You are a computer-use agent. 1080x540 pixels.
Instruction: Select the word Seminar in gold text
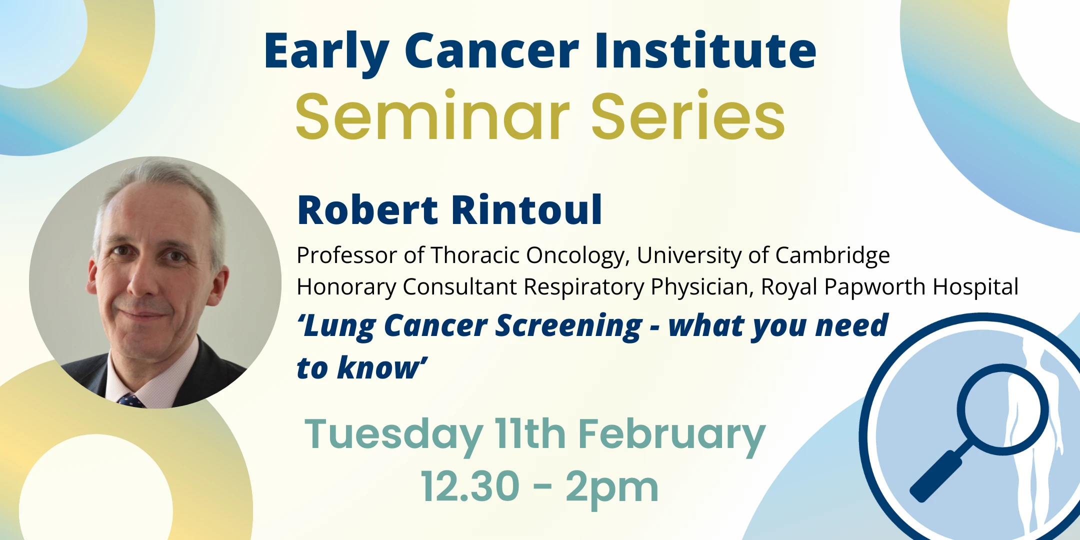pyautogui.click(x=432, y=117)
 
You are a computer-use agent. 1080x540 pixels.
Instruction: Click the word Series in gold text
pyautogui.click(x=688, y=117)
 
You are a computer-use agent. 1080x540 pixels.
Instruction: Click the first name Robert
pyautogui.click(x=367, y=210)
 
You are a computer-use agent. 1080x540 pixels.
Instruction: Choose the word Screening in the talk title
pyautogui.click(x=568, y=326)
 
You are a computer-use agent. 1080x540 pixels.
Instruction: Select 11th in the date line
pyautogui.click(x=530, y=434)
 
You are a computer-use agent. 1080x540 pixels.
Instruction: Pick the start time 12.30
pyautogui.click(x=470, y=486)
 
